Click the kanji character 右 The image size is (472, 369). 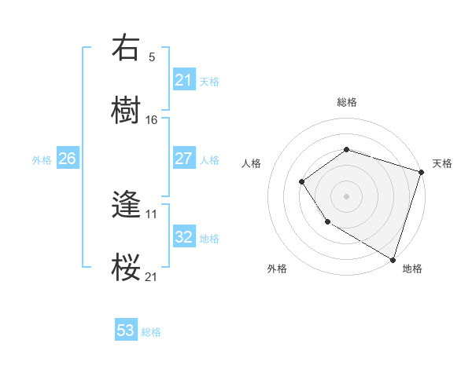coord(127,49)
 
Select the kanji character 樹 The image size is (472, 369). coord(127,111)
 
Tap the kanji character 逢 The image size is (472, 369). coord(127,206)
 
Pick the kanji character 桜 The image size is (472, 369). coord(127,267)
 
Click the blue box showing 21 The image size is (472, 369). coord(183,79)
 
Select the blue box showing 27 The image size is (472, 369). coord(183,159)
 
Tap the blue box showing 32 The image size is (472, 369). coord(183,237)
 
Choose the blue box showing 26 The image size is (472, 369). coord(67,159)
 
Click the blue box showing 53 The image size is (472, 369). coord(125,331)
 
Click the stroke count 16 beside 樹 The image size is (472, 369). coord(152,119)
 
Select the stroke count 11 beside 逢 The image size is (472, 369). coord(152,214)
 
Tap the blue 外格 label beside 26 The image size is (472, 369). coord(42,159)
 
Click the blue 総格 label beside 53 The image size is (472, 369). coord(151,332)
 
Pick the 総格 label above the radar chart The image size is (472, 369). coord(346,102)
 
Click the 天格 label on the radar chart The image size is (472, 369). coord(442,163)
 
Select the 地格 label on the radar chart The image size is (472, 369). coord(412,269)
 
